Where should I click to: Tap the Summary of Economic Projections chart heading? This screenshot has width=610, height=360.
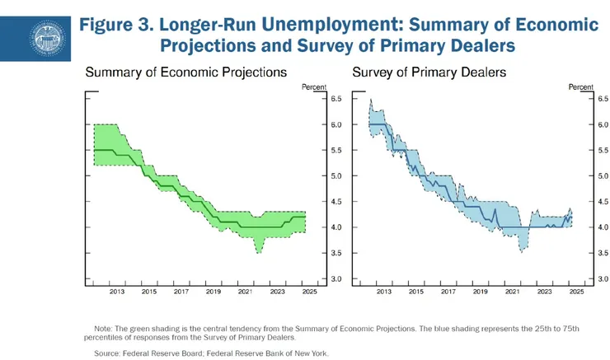[186, 72]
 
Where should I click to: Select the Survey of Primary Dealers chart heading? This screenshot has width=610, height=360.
[429, 72]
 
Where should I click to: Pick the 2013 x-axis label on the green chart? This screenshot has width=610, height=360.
[116, 292]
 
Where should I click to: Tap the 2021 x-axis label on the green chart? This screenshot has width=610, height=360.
[245, 292]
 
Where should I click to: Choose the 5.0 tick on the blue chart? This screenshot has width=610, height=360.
[603, 176]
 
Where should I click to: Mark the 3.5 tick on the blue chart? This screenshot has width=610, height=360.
[603, 254]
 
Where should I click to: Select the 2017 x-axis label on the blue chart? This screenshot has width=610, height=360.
[448, 292]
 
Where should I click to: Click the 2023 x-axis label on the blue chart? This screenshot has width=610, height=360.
[545, 292]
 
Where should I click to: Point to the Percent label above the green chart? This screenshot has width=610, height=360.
[314, 86]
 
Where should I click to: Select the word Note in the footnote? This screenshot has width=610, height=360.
[103, 329]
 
